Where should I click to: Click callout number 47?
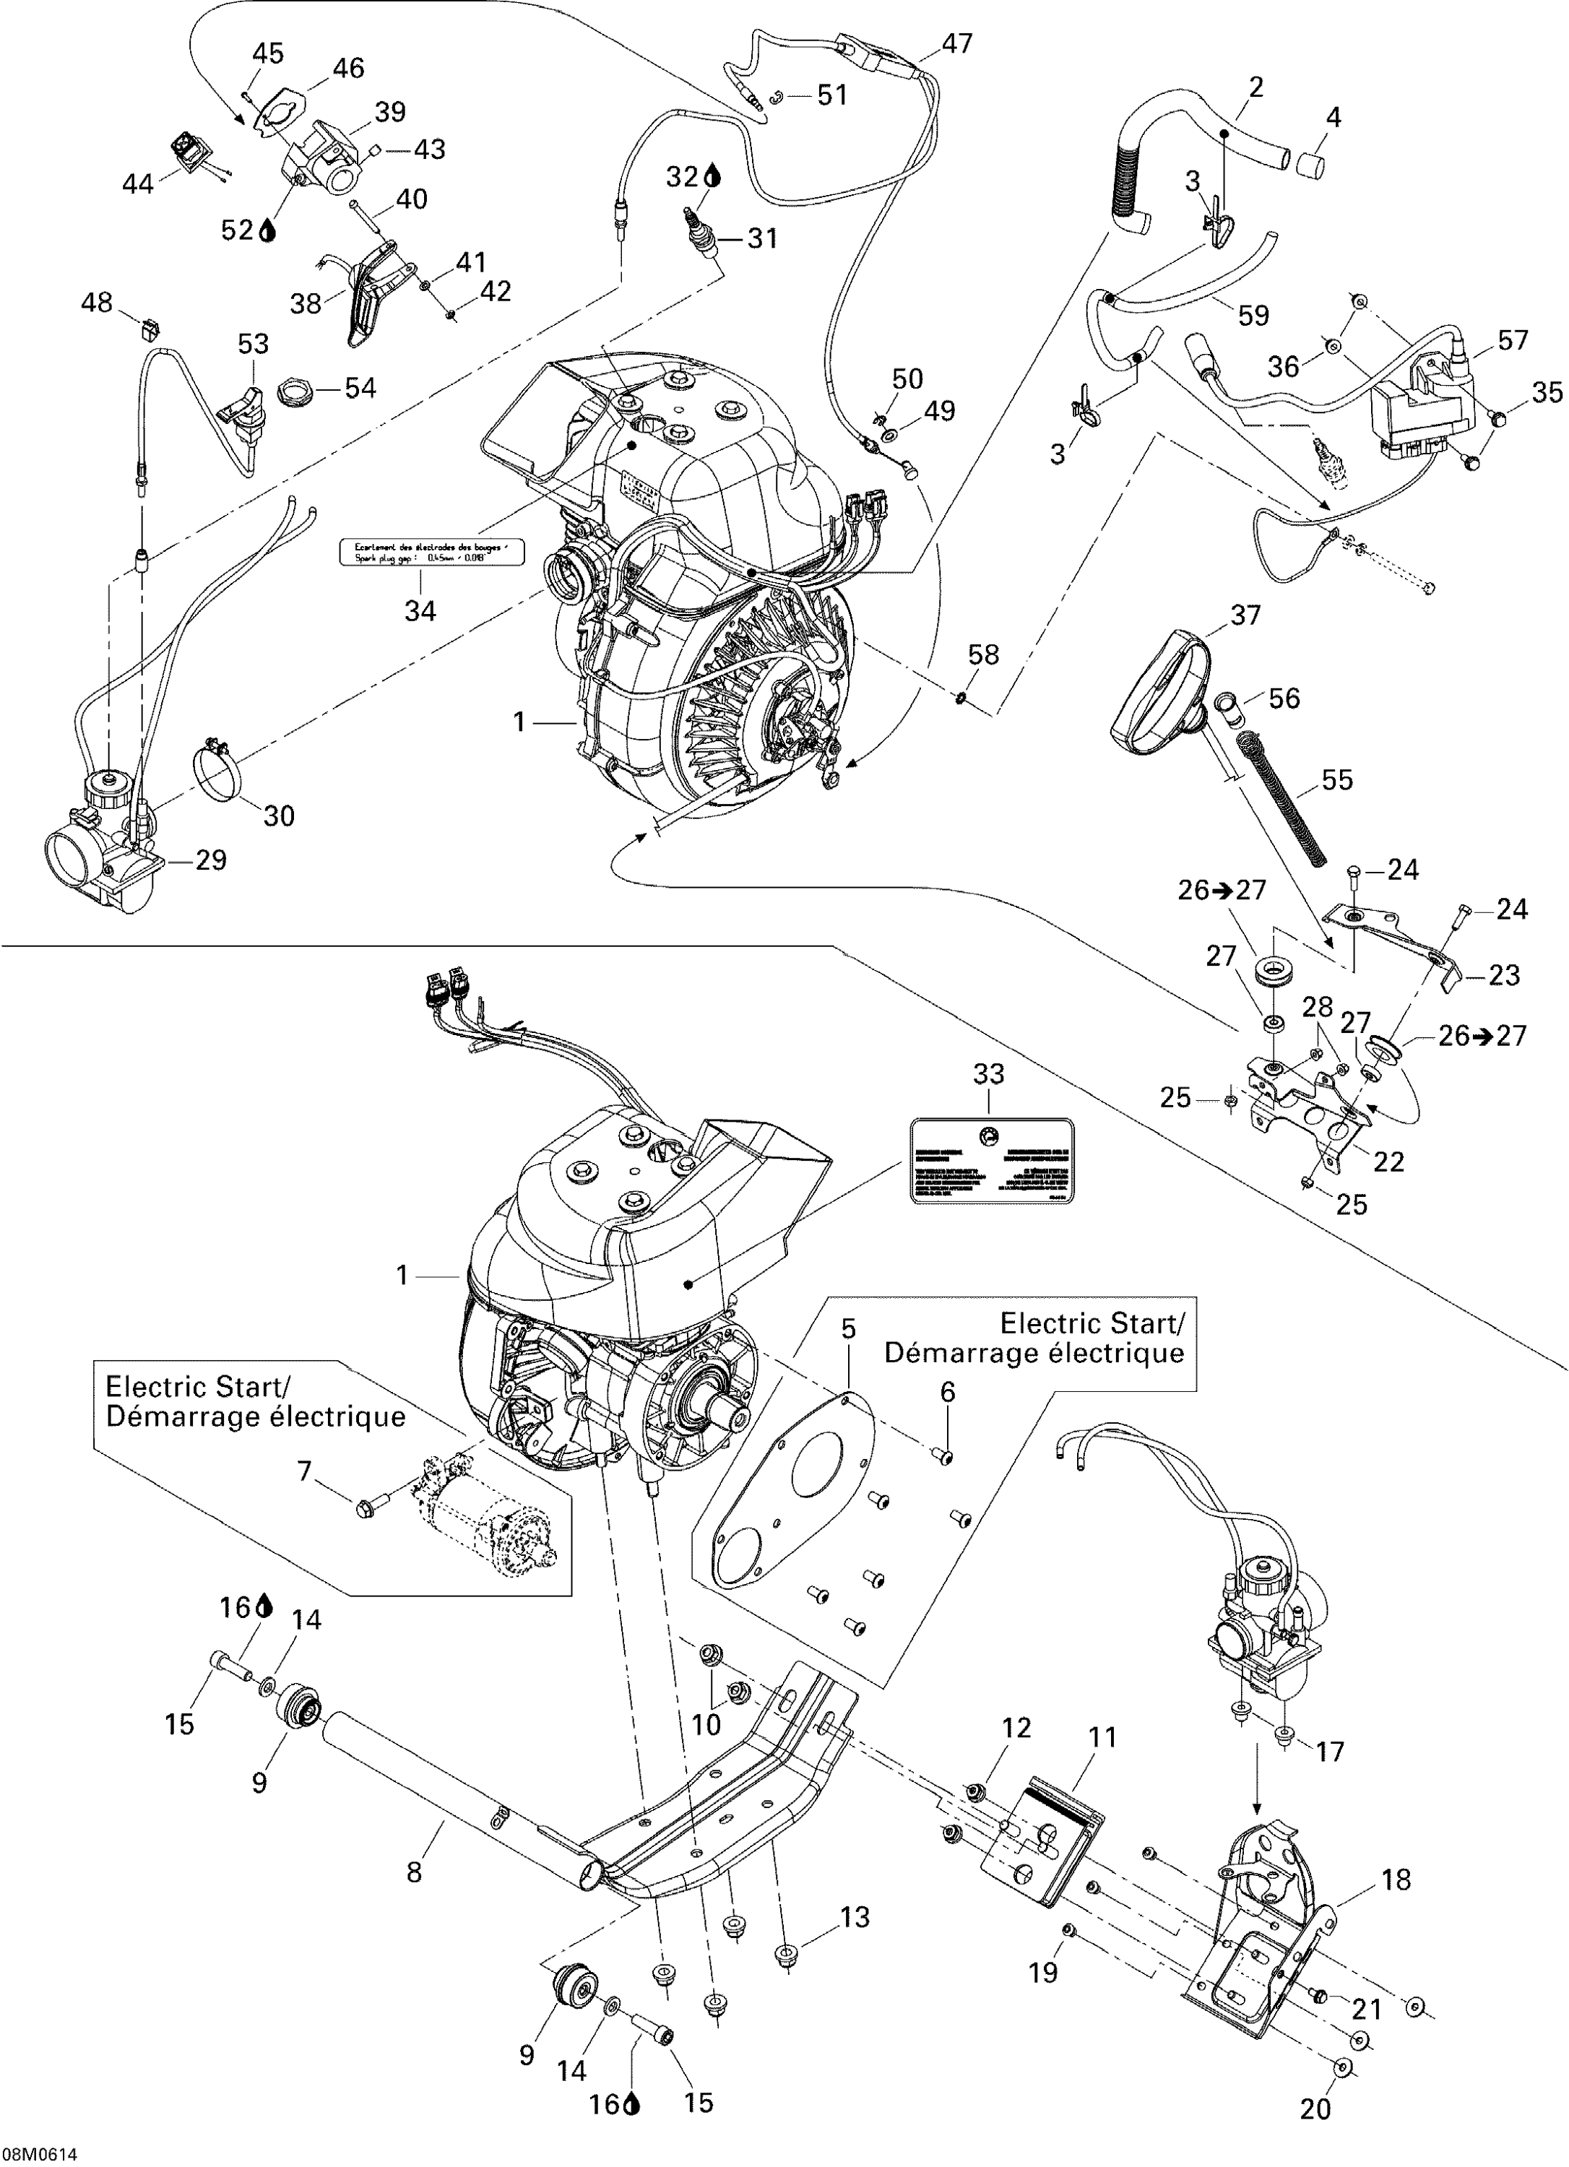click(956, 43)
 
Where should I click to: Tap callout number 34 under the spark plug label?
click(420, 610)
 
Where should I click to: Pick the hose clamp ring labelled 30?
click(219, 764)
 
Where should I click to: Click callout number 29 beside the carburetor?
click(210, 860)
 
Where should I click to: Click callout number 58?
click(983, 654)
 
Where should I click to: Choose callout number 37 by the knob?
click(1246, 615)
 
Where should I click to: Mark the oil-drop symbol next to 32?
click(714, 177)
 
